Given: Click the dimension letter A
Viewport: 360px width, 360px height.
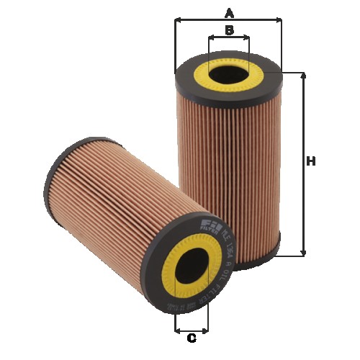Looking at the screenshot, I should [x=230, y=12].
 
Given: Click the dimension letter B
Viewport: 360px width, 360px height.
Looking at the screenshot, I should [x=229, y=30].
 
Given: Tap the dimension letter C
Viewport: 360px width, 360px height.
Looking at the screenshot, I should [x=192, y=338].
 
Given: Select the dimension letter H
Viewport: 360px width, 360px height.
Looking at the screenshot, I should [x=311, y=162].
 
